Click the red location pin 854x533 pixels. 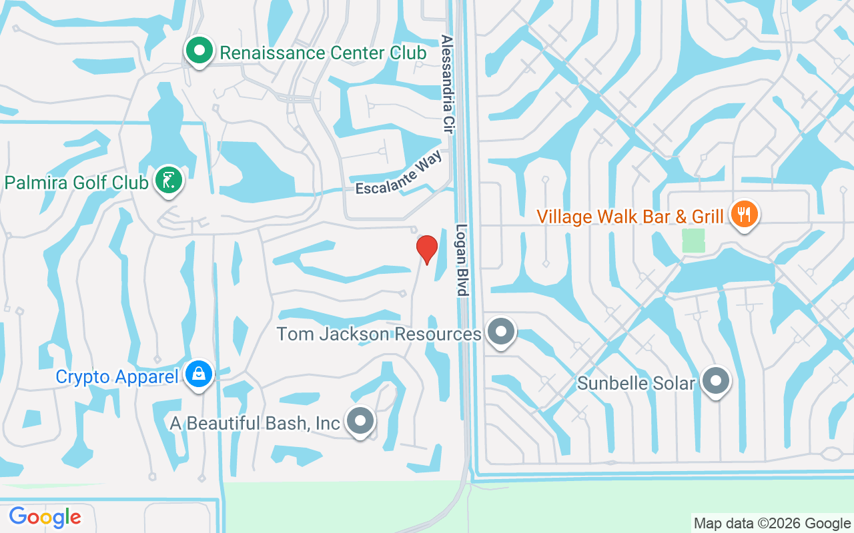426,249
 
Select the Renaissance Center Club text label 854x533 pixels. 323,53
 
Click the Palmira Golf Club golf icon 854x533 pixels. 169,180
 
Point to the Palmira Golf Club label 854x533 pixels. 76,182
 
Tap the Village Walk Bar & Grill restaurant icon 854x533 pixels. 743,215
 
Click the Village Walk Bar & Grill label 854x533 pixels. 630,217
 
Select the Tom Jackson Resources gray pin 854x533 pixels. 501,331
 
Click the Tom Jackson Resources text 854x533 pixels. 378,334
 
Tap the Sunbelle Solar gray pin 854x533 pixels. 717,381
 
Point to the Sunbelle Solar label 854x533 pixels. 636,383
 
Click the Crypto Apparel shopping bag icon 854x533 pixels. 199,374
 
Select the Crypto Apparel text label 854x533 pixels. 117,376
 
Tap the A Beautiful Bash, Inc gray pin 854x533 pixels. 361,420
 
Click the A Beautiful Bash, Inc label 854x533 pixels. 255,422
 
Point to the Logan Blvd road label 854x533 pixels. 462,260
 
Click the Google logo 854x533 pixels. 45,516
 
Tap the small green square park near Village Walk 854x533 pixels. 693,240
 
